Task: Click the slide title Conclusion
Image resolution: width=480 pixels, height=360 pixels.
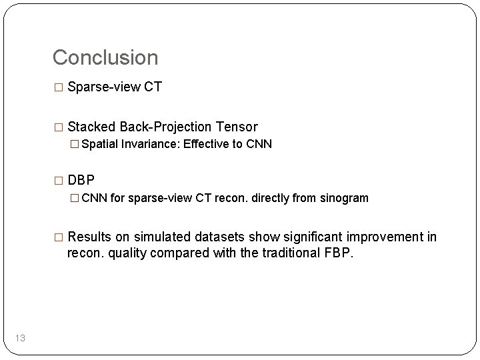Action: point(105,57)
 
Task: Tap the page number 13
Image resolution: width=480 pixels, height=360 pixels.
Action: point(20,339)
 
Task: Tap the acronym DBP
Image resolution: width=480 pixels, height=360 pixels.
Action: point(81,181)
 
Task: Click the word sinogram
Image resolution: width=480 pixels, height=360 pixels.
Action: point(343,198)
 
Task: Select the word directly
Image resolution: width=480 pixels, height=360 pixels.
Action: point(275,198)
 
